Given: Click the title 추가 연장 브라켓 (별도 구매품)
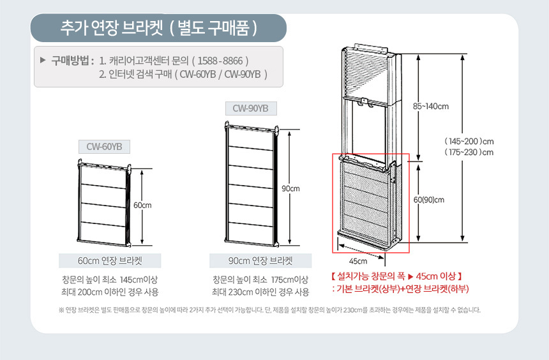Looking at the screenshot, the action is [159, 28].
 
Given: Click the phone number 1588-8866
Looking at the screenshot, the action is [220, 61].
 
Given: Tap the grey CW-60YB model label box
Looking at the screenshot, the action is [104, 147].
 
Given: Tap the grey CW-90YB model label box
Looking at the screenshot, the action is [251, 109].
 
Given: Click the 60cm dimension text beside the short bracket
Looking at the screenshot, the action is [142, 206].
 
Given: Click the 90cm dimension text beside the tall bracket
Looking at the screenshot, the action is [290, 189].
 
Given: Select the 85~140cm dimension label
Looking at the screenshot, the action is [431, 107].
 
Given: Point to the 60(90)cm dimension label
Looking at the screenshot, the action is [429, 200].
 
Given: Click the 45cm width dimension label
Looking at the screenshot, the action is [358, 261].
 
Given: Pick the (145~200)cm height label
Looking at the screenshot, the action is [469, 142].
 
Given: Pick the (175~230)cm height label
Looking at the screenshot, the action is [469, 153].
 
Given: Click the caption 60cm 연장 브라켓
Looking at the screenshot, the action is [110, 261].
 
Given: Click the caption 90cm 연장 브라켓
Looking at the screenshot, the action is [260, 261].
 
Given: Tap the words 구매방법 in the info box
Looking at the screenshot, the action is [70, 61].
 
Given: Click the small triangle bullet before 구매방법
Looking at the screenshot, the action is [43, 60].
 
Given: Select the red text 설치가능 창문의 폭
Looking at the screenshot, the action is [370, 276].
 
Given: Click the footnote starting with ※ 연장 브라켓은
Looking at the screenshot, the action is [269, 310].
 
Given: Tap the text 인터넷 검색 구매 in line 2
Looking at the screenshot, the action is [140, 74].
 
